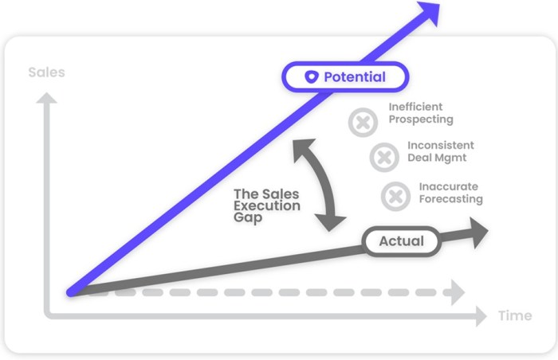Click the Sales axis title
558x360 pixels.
click(x=46, y=72)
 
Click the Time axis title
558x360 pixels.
click(x=515, y=316)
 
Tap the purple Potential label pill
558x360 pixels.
click(x=345, y=77)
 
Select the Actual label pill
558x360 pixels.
click(x=401, y=241)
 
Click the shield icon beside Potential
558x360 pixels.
click(x=312, y=77)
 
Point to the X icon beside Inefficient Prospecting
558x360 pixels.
click(x=363, y=123)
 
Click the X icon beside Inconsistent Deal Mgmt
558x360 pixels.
click(x=383, y=157)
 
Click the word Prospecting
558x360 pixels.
click(x=421, y=119)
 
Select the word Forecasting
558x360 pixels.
click(x=451, y=199)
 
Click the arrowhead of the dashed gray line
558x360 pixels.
click(x=455, y=292)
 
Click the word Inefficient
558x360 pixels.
click(x=415, y=107)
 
